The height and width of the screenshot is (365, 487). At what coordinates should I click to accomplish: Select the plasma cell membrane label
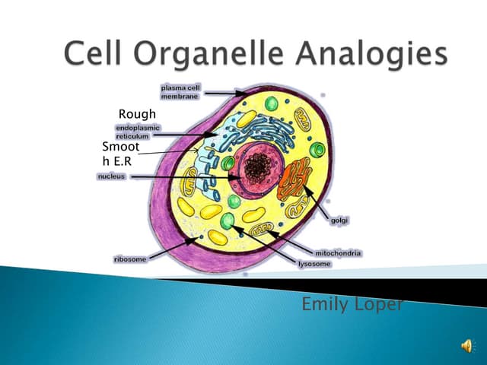click(x=180, y=93)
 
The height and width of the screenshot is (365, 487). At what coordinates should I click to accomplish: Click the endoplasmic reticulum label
click(x=138, y=132)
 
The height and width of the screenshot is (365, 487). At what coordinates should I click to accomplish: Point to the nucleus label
click(x=112, y=176)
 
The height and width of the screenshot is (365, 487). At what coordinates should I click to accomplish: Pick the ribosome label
click(x=130, y=259)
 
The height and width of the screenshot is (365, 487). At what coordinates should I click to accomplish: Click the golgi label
click(x=339, y=220)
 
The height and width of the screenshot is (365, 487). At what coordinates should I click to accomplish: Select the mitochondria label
click(x=338, y=252)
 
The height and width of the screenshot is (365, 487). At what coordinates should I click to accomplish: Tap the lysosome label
click(x=314, y=263)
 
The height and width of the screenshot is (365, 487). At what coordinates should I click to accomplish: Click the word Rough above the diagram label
click(x=137, y=114)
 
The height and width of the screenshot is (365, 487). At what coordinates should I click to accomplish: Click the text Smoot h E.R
click(x=122, y=153)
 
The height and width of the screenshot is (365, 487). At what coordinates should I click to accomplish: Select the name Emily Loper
click(x=352, y=305)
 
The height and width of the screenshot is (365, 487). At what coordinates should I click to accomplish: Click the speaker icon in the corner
click(x=466, y=347)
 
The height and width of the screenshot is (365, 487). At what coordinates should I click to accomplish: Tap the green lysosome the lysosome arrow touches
click(x=228, y=221)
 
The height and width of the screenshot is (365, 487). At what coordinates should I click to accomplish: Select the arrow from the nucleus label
click(x=183, y=177)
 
